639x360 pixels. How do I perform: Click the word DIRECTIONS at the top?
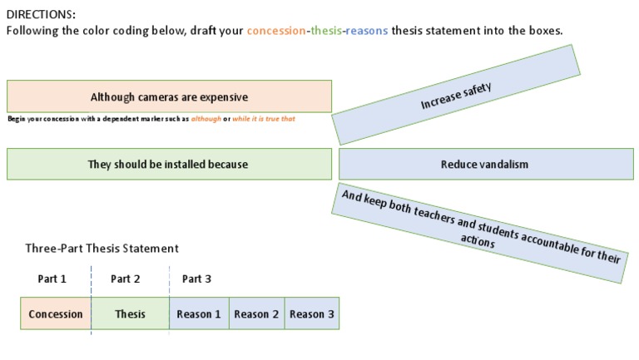pyautogui.click(x=41, y=14)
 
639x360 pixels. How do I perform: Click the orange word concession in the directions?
pyautogui.click(x=275, y=31)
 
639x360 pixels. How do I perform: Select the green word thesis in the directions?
pyautogui.click(x=325, y=31)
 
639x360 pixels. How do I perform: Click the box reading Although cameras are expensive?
pyautogui.click(x=169, y=96)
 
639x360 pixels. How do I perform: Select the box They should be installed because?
pyautogui.click(x=169, y=164)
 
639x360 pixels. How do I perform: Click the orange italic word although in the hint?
pyautogui.click(x=206, y=119)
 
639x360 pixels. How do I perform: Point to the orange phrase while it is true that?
pyautogui.click(x=264, y=119)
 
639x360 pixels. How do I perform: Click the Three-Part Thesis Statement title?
pyautogui.click(x=102, y=248)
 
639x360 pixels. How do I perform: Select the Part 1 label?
pyautogui.click(x=52, y=279)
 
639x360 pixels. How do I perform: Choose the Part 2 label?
pyautogui.click(x=126, y=279)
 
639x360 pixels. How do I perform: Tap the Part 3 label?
pyautogui.click(x=196, y=279)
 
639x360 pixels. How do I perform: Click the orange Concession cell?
pyautogui.click(x=56, y=313)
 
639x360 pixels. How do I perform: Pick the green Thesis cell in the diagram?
pyautogui.click(x=130, y=313)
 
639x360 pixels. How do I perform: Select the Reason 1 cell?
pyautogui.click(x=199, y=313)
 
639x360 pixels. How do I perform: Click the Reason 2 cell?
pyautogui.click(x=256, y=313)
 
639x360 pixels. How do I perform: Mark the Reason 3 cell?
pyautogui.click(x=312, y=313)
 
